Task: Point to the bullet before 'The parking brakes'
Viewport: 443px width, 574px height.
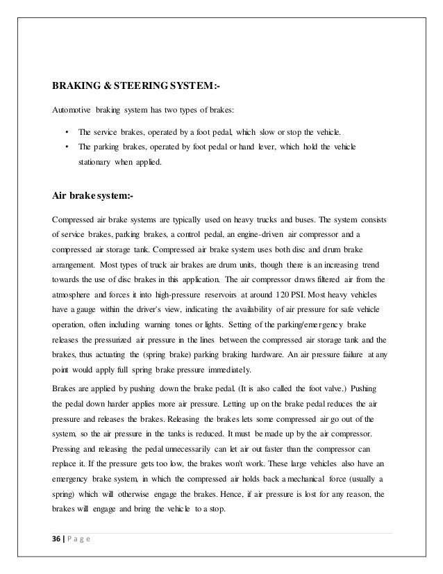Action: [x=66, y=147]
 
